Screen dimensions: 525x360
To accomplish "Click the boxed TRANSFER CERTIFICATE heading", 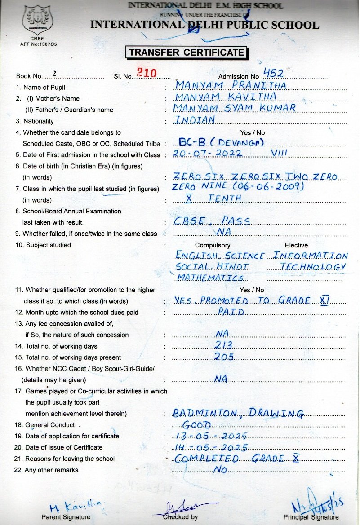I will coord(187,53).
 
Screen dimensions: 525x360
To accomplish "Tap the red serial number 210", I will coord(146,73).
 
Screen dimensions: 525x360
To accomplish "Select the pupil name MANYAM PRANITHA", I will coord(231,85).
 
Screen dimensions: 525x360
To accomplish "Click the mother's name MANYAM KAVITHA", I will coord(225,97).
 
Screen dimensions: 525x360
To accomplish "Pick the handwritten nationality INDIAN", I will coord(195,119).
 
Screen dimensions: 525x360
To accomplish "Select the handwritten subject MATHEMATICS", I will coord(210,278).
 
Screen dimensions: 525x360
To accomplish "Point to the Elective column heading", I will coord(296,245).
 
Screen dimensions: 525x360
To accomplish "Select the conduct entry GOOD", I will coord(196,425).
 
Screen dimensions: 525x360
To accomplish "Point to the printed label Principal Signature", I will coord(311,517).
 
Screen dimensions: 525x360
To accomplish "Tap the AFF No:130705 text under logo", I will coord(39,44).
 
